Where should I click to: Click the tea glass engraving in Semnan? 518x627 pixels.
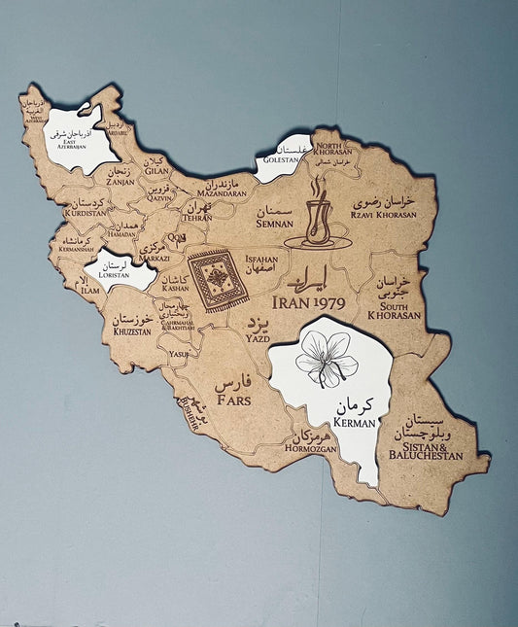(x=315, y=217)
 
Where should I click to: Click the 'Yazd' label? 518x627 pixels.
(x=258, y=339)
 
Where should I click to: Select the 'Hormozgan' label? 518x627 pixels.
(x=312, y=450)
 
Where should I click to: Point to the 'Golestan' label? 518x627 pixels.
(x=281, y=159)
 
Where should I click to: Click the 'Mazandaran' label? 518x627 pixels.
(x=222, y=193)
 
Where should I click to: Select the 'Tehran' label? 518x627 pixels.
(x=196, y=218)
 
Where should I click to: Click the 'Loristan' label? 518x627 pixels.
(x=113, y=274)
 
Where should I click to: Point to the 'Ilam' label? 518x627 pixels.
(x=90, y=291)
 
